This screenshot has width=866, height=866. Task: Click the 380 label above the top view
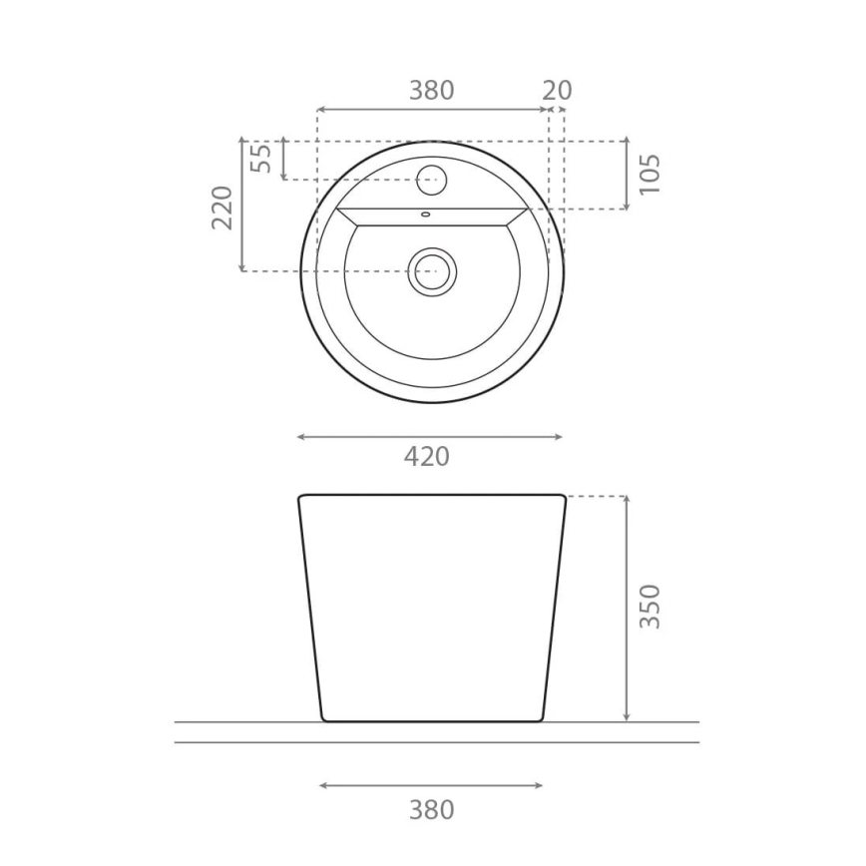click(431, 90)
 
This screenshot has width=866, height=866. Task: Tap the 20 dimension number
click(558, 90)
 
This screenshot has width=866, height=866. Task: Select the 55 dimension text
click(261, 158)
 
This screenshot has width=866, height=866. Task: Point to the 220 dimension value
click(222, 207)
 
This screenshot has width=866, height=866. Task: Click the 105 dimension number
click(649, 175)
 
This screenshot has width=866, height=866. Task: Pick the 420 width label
click(427, 456)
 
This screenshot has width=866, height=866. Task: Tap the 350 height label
click(649, 606)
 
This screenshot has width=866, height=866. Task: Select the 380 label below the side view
click(431, 810)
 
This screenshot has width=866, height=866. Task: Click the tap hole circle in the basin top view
click(431, 181)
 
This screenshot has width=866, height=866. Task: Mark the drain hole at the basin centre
click(432, 270)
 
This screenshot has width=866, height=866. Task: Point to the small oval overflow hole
click(426, 214)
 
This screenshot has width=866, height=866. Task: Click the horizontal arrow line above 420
click(430, 436)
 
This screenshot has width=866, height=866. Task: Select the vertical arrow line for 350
click(626, 608)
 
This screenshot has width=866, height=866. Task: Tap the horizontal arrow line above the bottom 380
click(431, 785)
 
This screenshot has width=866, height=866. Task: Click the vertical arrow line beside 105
click(626, 175)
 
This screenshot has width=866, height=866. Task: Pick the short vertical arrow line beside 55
click(284, 159)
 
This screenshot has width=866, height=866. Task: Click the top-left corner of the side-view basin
click(300, 497)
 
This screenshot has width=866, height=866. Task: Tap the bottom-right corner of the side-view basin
click(542, 718)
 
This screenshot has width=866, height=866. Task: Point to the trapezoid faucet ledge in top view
click(432, 217)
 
